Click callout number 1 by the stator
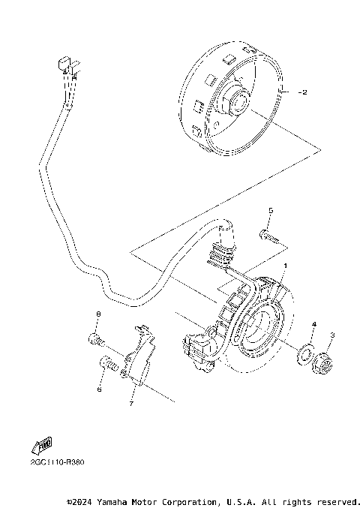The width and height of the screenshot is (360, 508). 284,266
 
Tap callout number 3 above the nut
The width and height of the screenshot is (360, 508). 331,335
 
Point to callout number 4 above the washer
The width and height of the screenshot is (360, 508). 313,324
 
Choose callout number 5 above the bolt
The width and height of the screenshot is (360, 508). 271,211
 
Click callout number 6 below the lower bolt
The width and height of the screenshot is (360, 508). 98,389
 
